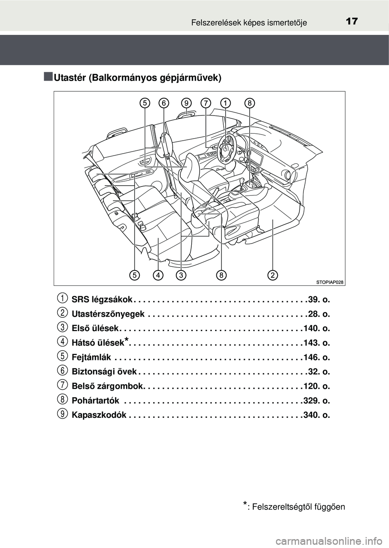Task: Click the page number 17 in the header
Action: click(352, 21)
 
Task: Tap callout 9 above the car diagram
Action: click(186, 103)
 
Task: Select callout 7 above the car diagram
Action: click(206, 103)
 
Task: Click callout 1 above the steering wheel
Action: click(225, 103)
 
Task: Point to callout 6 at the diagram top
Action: click(164, 103)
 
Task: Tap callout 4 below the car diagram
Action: click(158, 275)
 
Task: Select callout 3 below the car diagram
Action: click(181, 275)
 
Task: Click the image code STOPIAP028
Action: click(330, 282)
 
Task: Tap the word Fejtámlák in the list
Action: click(92, 357)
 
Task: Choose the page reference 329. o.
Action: click(316, 401)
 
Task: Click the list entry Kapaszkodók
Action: click(99, 415)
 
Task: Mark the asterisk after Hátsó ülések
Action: click(126, 339)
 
